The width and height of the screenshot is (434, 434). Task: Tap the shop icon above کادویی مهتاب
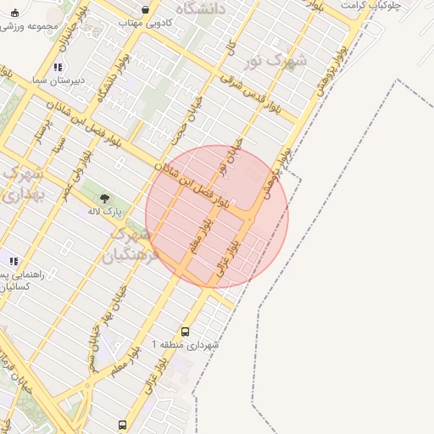[x=145, y=10]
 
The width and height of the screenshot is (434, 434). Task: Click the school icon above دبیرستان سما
[x=57, y=66]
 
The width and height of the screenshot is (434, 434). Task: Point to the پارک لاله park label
[x=107, y=210]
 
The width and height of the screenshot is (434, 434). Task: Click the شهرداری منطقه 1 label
[x=184, y=345]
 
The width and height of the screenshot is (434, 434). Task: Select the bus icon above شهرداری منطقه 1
[x=186, y=331]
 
